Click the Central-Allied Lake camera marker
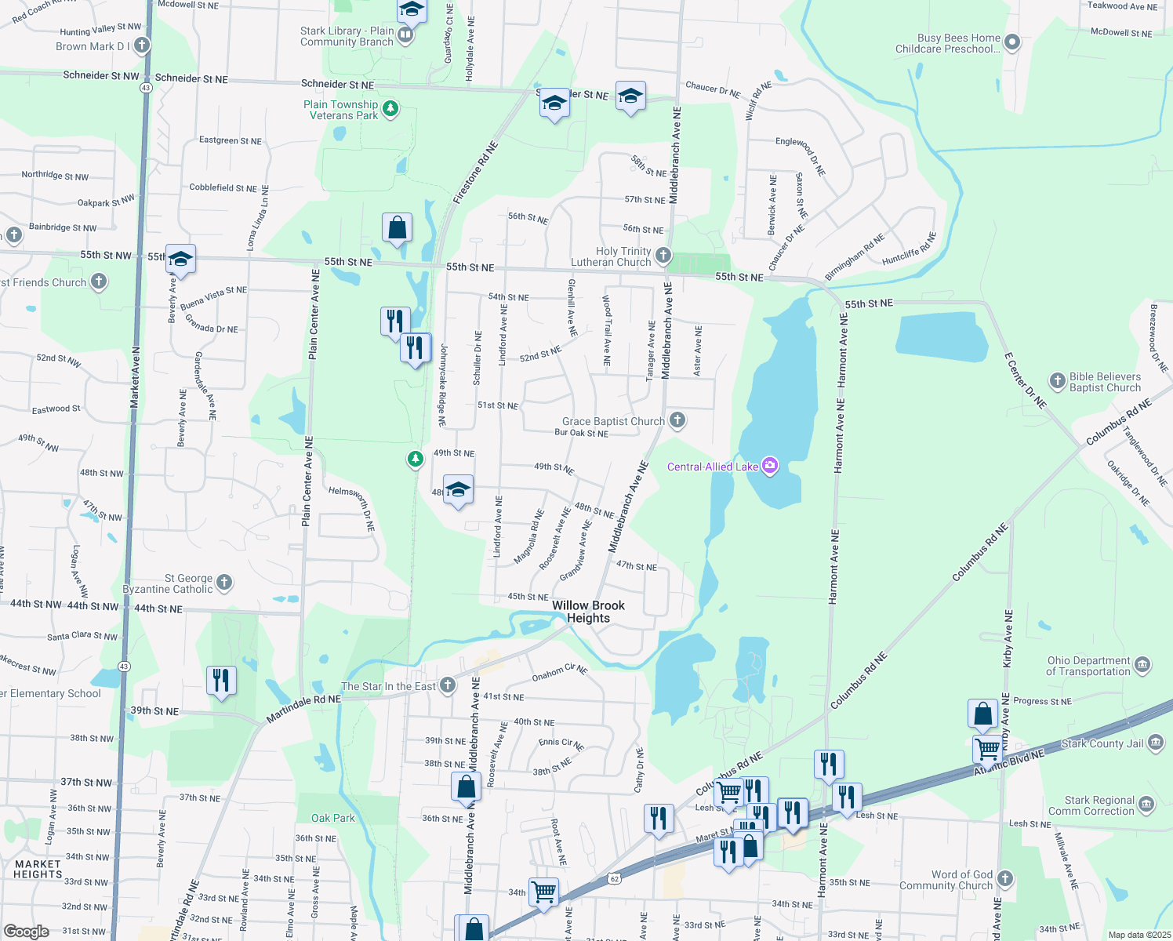click(770, 467)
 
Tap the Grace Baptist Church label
click(613, 421)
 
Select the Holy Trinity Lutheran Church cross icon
click(663, 255)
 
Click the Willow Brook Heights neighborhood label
click(588, 612)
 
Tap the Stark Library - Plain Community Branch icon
click(405, 35)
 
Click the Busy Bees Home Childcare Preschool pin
click(1012, 42)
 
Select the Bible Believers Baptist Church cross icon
click(1057, 380)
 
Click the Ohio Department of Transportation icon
click(1142, 666)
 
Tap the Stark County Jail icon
click(1156, 743)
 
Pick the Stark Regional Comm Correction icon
click(1146, 805)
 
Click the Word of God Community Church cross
click(1005, 879)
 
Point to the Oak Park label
click(333, 818)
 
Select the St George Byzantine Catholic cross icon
click(224, 582)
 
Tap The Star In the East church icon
click(448, 685)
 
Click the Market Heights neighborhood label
click(38, 869)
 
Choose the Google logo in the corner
click(26, 932)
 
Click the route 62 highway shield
click(615, 879)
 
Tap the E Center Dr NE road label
click(1025, 380)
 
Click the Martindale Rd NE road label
click(303, 708)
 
